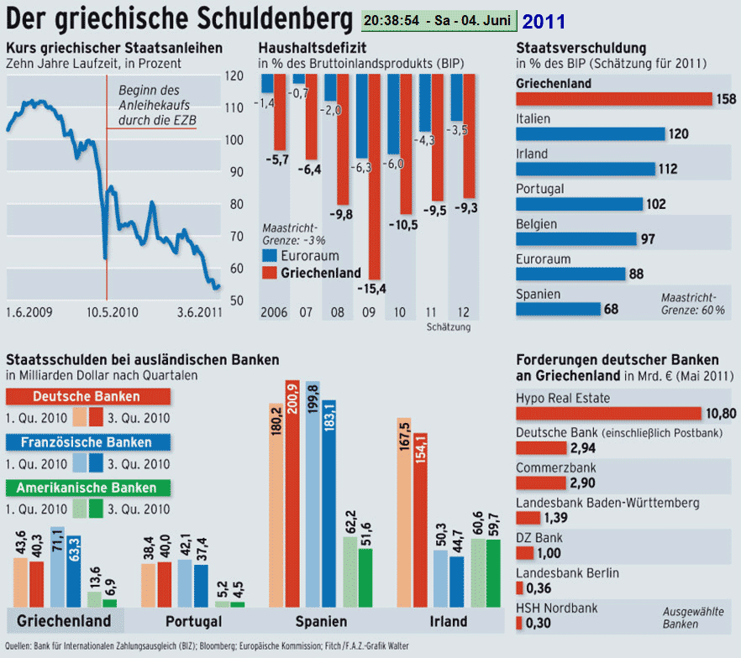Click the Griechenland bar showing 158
pyautogui.click(x=613, y=98)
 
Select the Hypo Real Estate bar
pyautogui.click(x=607, y=413)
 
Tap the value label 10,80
pyautogui.click(x=720, y=413)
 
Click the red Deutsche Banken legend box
pyautogui.click(x=87, y=396)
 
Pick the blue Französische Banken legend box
pyautogui.click(x=87, y=441)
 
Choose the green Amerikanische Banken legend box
pyautogui.click(x=87, y=488)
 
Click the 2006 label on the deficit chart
pyautogui.click(x=274, y=313)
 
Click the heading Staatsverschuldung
pyautogui.click(x=581, y=48)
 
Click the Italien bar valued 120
pyautogui.click(x=590, y=133)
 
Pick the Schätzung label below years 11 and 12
pyautogui.click(x=449, y=327)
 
